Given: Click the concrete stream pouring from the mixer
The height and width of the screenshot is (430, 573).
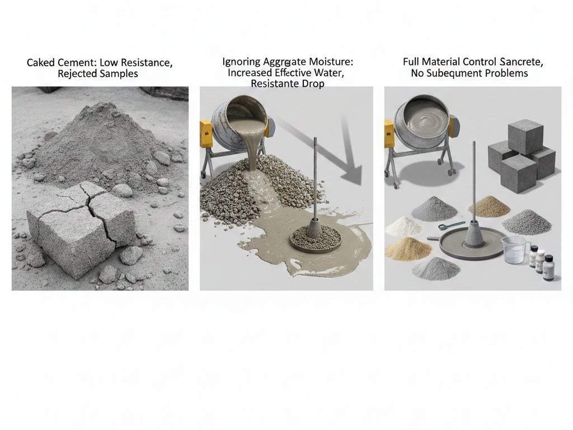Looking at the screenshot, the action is coord(255,146).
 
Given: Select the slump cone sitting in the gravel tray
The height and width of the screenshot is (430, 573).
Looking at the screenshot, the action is coord(314,228).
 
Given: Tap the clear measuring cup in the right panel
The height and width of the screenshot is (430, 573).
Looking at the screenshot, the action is coord(515,249).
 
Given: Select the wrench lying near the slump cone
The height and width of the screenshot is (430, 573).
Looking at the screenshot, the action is coord(452,226).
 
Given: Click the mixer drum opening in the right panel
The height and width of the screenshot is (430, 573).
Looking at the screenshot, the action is coord(427,116).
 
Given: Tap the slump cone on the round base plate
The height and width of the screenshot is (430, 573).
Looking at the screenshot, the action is coord(474,234).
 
